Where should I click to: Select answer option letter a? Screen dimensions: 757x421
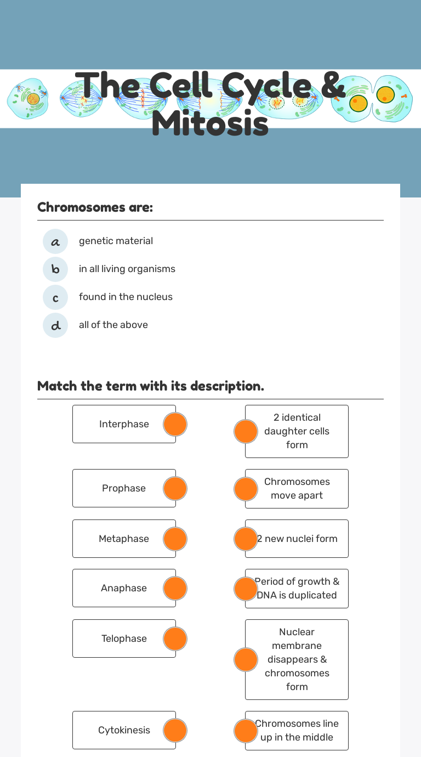click(x=55, y=241)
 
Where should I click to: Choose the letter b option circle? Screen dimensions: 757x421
click(x=55, y=269)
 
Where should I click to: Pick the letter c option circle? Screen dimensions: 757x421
click(x=55, y=297)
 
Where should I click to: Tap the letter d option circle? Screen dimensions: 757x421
click(x=55, y=325)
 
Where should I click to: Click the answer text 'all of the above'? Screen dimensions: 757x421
click(x=113, y=325)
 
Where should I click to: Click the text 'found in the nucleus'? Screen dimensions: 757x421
click(x=126, y=297)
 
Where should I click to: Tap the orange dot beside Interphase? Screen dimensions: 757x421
click(x=175, y=425)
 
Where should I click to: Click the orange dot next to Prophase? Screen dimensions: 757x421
click(x=175, y=489)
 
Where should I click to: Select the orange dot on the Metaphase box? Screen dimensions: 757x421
click(x=175, y=539)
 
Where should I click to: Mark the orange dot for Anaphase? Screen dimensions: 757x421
click(x=175, y=589)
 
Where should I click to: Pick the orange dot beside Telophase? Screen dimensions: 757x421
click(x=175, y=639)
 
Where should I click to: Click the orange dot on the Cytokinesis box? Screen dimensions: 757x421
click(x=175, y=731)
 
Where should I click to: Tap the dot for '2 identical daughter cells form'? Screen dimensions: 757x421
click(x=246, y=432)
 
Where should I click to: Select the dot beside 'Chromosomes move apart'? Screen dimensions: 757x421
click(x=246, y=489)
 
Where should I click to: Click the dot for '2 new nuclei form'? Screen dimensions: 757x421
click(x=246, y=539)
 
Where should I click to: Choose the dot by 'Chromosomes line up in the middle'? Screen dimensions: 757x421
click(x=246, y=731)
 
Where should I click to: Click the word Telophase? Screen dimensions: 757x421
click(x=124, y=639)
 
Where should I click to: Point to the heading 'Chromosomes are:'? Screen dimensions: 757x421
click(x=95, y=207)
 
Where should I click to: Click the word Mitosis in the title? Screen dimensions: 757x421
click(x=210, y=124)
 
